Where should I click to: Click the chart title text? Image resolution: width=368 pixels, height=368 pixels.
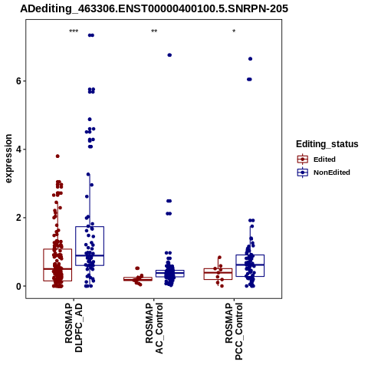[154, 8]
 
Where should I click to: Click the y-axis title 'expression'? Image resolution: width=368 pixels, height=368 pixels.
[8, 159]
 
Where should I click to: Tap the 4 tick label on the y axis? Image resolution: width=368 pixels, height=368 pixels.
[18, 149]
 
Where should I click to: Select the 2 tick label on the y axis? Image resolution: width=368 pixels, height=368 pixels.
[18, 218]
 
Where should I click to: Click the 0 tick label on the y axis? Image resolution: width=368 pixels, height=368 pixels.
[18, 286]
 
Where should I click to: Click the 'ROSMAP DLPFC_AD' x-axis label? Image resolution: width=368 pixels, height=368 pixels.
[74, 327]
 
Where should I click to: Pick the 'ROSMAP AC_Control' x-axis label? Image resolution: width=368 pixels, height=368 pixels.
[154, 328]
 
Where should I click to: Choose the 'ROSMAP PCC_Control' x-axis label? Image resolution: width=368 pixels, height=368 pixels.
[234, 331]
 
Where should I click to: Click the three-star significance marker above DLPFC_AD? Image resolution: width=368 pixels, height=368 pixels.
[74, 31]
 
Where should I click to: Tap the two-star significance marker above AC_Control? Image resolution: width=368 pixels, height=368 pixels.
[154, 31]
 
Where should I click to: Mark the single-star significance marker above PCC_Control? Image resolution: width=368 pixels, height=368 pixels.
[234, 31]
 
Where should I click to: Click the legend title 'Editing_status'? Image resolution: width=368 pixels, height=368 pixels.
[327, 144]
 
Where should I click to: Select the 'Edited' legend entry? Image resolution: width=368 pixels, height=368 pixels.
[324, 159]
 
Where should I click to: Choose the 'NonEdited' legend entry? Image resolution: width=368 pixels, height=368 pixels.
[332, 172]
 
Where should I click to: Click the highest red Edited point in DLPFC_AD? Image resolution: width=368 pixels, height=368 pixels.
[58, 156]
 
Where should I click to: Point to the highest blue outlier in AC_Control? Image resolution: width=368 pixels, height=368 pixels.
[169, 55]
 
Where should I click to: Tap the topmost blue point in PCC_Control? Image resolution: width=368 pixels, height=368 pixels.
[251, 59]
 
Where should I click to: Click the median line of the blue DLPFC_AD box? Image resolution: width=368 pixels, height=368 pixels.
[90, 255]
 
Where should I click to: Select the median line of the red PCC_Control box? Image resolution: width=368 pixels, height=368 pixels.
[218, 272]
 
